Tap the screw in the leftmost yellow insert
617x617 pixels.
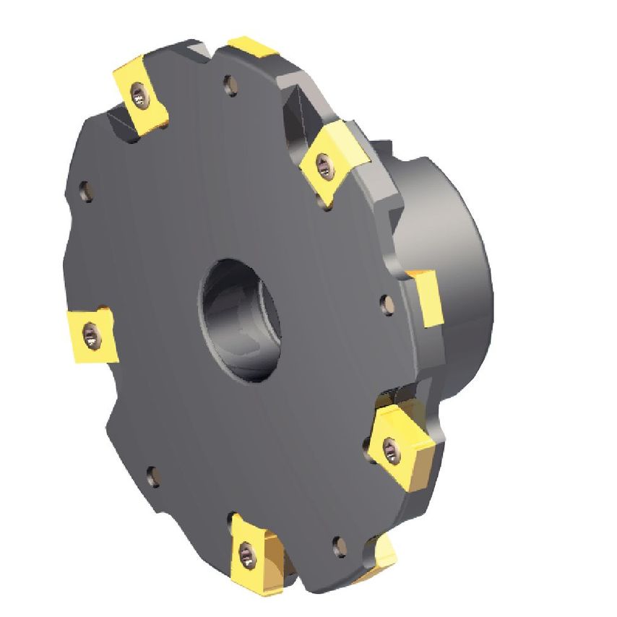click(90, 334)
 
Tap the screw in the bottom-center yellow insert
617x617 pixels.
click(248, 556)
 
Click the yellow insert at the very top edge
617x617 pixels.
click(253, 49)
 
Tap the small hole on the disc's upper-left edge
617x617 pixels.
click(85, 191)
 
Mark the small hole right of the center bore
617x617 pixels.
click(387, 303)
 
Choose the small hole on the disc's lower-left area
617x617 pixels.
click(152, 475)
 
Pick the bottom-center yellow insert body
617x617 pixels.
click(253, 553)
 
